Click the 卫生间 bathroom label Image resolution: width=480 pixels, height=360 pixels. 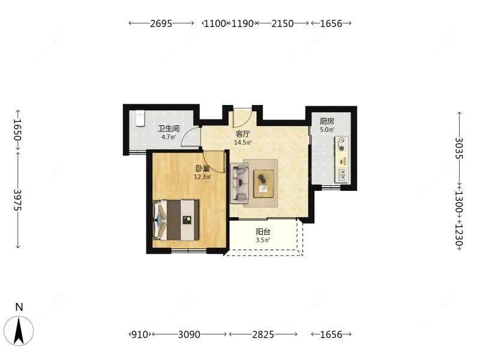tap(169, 128)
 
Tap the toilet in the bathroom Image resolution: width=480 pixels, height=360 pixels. tap(140, 118)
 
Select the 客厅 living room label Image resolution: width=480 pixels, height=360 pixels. tap(243, 134)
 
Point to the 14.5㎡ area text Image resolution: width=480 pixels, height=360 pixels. tap(243, 142)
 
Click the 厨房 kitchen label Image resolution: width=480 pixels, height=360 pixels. tap(327, 121)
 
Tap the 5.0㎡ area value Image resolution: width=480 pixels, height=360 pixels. tap(327, 130)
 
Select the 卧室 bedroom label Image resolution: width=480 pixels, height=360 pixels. tap(203, 169)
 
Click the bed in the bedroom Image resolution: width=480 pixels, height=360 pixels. tap(176, 220)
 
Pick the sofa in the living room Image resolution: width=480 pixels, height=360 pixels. tap(239, 184)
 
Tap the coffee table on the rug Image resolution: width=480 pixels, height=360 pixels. tap(263, 184)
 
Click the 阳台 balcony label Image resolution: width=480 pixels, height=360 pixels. tap(263, 232)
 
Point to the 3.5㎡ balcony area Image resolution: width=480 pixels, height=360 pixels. tap(263, 240)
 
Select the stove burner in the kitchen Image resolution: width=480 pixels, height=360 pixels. tap(341, 144)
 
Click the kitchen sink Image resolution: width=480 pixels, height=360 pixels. tap(342, 175)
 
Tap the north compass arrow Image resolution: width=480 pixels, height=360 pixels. tap(19, 331)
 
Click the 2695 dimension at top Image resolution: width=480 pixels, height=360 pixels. tap(161, 23)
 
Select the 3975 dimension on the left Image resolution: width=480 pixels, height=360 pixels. tap(18, 200)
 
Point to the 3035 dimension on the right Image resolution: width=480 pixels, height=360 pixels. tap(459, 148)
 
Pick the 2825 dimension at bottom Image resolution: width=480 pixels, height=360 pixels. tap(263, 334)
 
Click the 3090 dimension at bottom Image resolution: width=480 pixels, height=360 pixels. tap(189, 334)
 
